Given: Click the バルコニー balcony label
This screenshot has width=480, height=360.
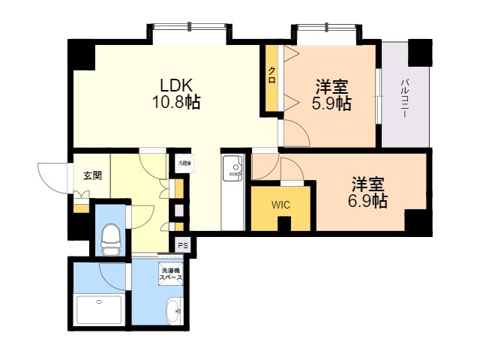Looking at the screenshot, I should (x=404, y=97).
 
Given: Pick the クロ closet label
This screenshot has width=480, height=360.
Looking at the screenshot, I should (x=271, y=75).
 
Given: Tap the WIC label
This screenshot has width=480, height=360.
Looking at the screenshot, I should (x=280, y=204).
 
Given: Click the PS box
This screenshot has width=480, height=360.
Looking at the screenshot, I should (x=183, y=244).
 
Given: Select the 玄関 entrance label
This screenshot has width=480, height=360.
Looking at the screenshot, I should (x=91, y=175).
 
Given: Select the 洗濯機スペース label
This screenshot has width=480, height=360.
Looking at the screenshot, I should (x=170, y=274).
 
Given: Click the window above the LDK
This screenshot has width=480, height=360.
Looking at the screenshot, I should (x=188, y=33).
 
